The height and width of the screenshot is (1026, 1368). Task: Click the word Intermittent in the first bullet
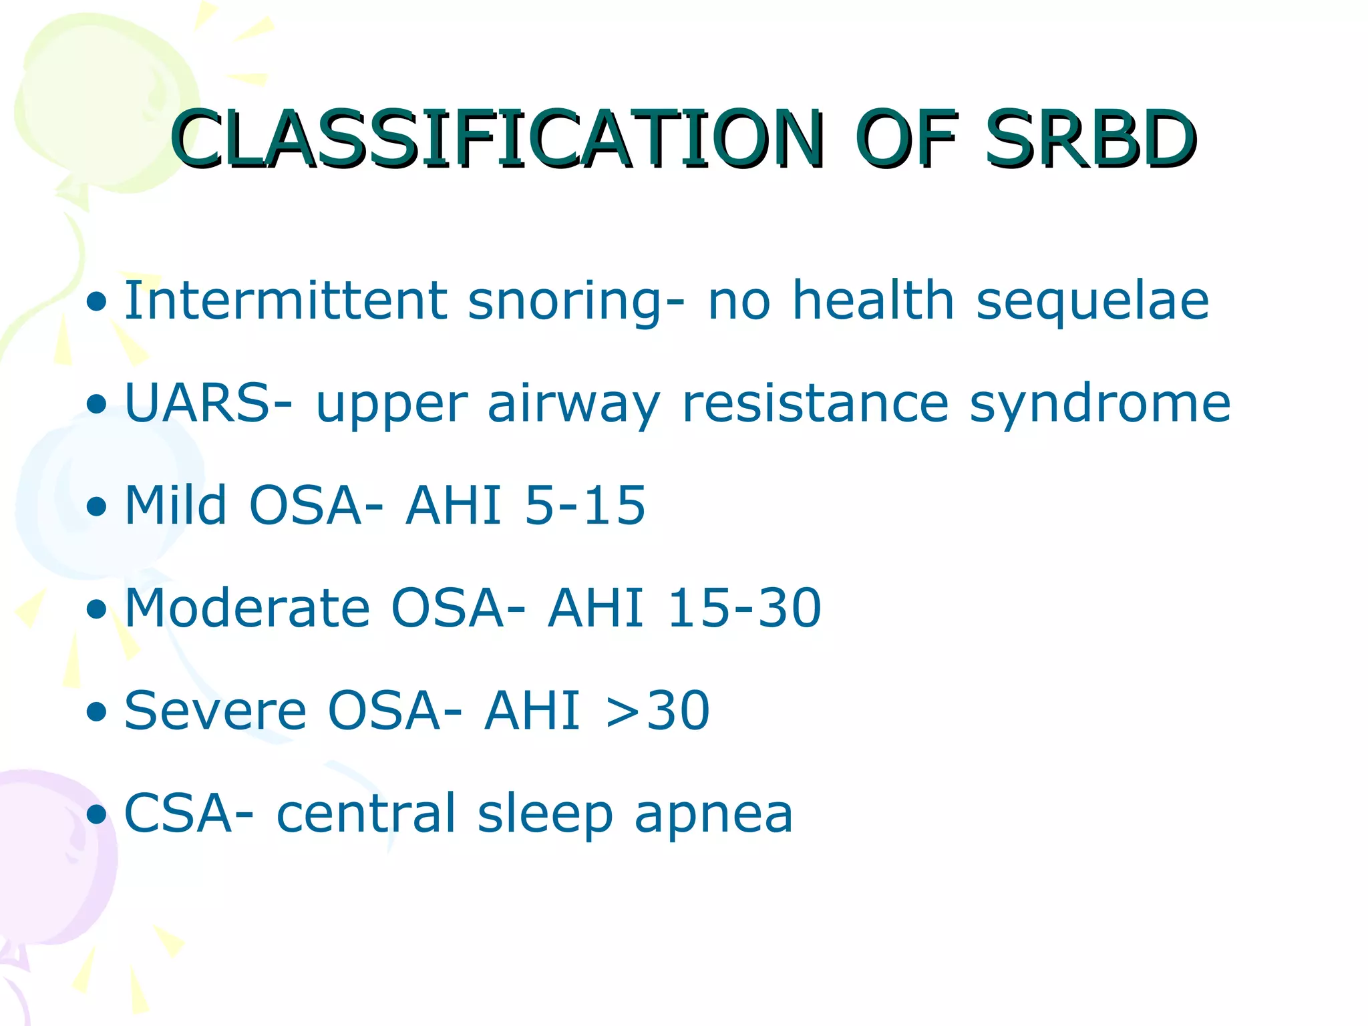pos(285,301)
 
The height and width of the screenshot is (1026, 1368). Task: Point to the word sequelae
pos(1092,301)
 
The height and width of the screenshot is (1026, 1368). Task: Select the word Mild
pos(175,505)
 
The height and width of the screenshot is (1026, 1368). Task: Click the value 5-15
pos(585,506)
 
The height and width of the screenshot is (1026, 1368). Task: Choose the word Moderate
pos(246,608)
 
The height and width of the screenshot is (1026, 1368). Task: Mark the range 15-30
pos(744,608)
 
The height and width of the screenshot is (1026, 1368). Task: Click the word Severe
pos(215,711)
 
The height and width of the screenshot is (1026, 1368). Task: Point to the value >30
pos(657,711)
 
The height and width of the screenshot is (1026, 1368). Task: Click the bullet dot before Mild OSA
pos(97,507)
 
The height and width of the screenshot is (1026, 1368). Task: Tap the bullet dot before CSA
pos(97,815)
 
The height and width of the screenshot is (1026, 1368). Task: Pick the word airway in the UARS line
pos(574,405)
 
